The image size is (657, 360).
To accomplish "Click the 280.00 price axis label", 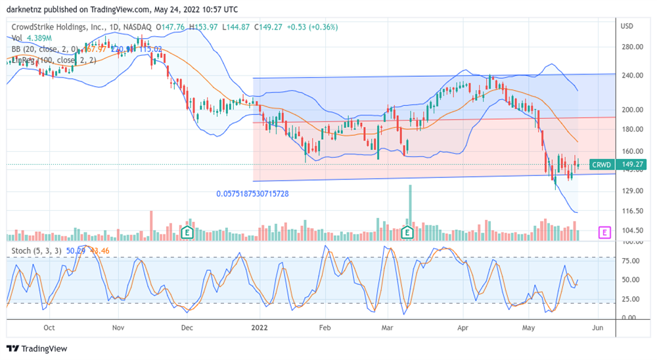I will click(632, 47).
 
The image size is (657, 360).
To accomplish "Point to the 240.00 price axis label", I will click(632, 76).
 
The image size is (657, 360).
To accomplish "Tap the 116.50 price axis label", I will click(632, 211).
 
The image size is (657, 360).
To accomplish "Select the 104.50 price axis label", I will click(632, 231).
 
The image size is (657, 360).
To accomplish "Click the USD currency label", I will click(627, 26).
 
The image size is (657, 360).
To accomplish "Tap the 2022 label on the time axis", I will click(261, 327).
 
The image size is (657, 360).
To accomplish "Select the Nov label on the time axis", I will click(118, 327).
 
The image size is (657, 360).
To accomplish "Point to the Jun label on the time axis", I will click(597, 327).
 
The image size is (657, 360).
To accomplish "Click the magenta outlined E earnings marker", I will click(604, 232).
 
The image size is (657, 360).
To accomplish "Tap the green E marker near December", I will click(189, 232).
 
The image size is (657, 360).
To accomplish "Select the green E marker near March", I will click(407, 232).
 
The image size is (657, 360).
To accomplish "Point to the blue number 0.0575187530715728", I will click(253, 194).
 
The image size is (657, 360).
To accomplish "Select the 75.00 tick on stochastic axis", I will click(631, 261).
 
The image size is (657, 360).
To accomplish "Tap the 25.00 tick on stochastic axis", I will click(631, 299).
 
